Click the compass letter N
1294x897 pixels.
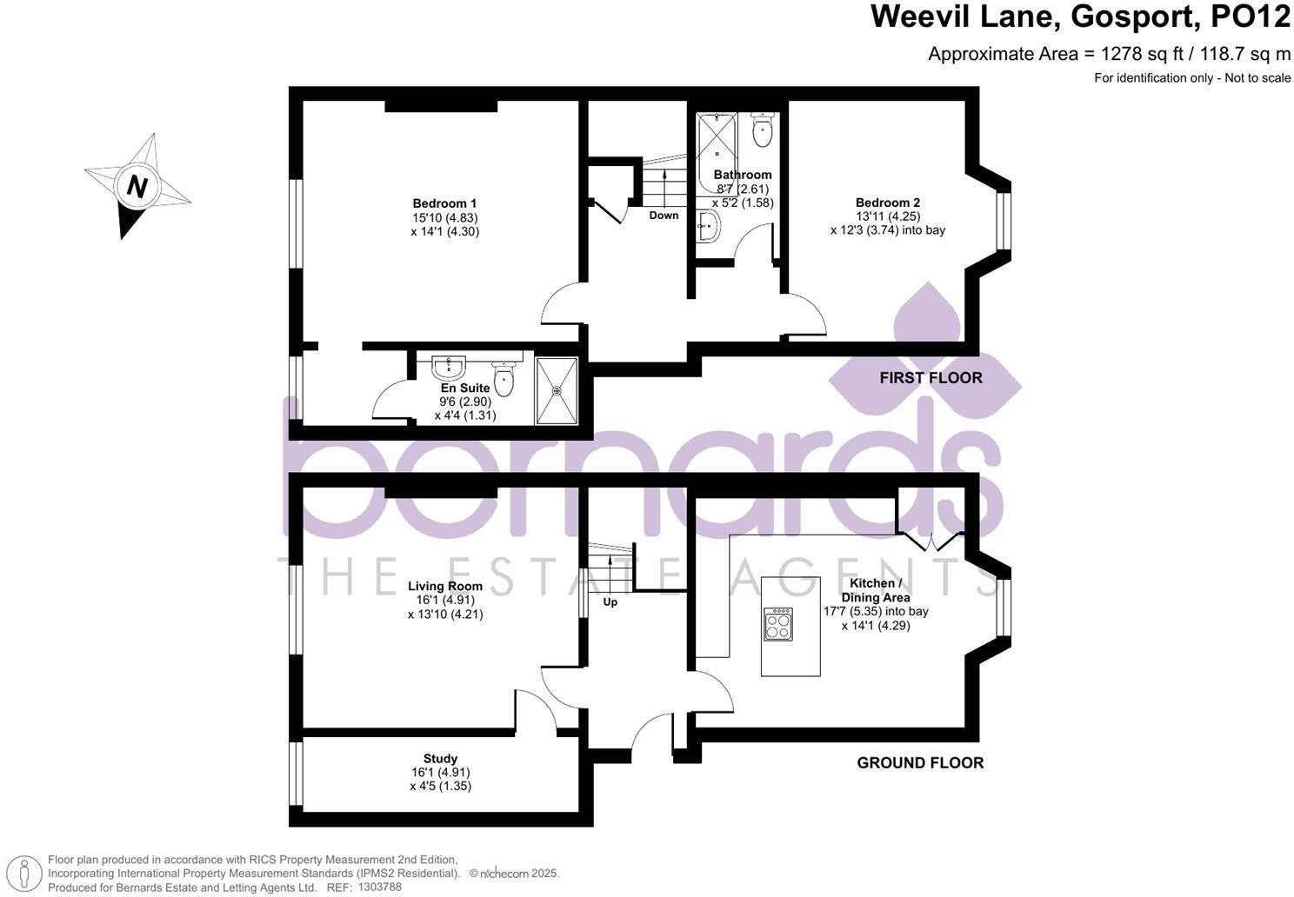[137, 186]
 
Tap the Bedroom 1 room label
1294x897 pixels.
[444, 203]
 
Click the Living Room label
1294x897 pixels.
[444, 586]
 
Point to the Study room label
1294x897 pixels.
[440, 758]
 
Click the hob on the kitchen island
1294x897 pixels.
[778, 624]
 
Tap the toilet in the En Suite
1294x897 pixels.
[504, 379]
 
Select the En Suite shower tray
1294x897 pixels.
[557, 390]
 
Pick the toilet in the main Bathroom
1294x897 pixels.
[763, 130]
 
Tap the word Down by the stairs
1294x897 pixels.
[664, 215]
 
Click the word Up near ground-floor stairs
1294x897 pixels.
[610, 601]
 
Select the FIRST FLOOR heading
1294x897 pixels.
[930, 378]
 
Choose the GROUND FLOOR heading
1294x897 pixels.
[920, 763]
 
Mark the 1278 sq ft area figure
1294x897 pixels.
[1136, 54]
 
